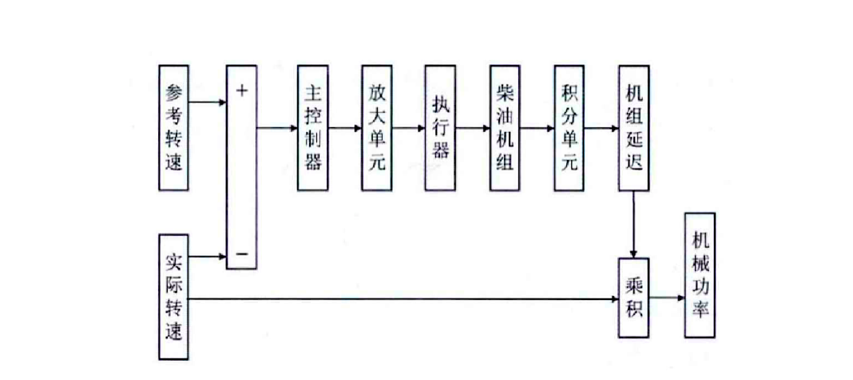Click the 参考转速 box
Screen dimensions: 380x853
click(174, 128)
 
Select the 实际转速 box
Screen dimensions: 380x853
click(174, 297)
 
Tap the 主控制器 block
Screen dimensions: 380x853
click(312, 128)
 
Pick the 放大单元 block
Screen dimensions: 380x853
click(376, 128)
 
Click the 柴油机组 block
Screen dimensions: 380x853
click(505, 128)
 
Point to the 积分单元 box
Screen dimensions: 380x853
click(569, 128)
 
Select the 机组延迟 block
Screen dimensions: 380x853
click(634, 128)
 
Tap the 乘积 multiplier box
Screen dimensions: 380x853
click(634, 298)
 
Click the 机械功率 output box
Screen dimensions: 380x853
click(700, 274)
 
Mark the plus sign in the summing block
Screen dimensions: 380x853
click(242, 90)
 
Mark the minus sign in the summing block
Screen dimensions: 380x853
click(242, 256)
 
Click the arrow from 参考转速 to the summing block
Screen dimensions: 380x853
click(208, 102)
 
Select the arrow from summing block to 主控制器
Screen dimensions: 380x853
click(276, 128)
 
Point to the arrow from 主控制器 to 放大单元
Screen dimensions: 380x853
click(344, 128)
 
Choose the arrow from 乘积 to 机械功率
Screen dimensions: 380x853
click(667, 299)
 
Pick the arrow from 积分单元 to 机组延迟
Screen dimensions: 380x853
click(601, 128)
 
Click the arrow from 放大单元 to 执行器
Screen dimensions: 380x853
click(409, 128)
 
